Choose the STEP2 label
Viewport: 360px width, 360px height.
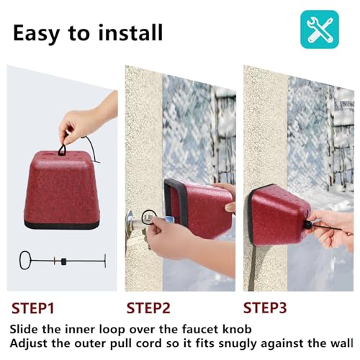150,308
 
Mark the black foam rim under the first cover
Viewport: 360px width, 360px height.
61,224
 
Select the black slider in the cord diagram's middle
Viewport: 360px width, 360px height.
63,260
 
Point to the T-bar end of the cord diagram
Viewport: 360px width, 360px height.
105,260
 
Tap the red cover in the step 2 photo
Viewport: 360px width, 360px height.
198,209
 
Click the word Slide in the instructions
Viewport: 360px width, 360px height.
24,328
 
